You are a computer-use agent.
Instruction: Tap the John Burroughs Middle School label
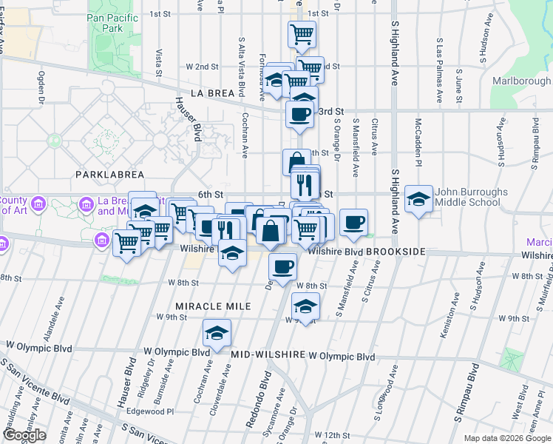472,197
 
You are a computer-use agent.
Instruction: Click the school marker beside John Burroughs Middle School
418,198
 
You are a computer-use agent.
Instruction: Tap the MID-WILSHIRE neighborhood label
268,355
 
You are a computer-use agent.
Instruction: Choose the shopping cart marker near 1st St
301,33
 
